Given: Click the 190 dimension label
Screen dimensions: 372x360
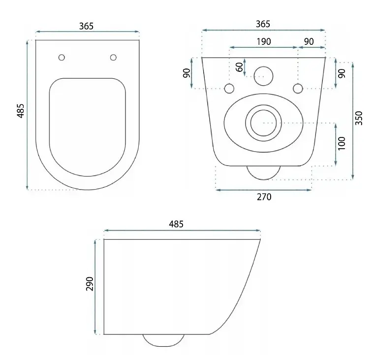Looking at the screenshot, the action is tap(264, 41).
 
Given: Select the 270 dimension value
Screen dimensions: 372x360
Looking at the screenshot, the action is tap(264, 197).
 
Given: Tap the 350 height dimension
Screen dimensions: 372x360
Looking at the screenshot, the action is tap(359, 118).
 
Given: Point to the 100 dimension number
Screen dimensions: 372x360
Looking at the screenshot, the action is tap(341, 143).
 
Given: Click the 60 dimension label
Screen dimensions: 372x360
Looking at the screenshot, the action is tap(240, 67).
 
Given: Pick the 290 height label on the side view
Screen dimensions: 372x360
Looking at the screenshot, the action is tap(90, 284).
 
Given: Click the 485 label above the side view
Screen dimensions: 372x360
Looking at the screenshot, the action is tap(176, 224).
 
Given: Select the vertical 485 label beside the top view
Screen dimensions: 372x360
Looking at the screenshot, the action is tap(21, 111).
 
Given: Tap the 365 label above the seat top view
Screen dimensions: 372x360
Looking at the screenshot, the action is tap(86, 26).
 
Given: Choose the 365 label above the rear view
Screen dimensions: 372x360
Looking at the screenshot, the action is tap(263, 24).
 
